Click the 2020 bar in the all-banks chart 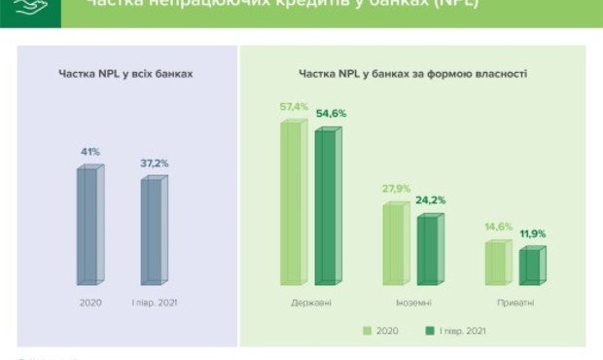(x=89, y=226)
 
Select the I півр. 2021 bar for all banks (x=153, y=230)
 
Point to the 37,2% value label (x=155, y=163)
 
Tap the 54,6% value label (x=331, y=114)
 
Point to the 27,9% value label (x=397, y=188)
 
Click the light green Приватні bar (x=496, y=263)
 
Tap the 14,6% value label (x=498, y=227)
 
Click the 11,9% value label (x=533, y=234)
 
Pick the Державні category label (x=310, y=303)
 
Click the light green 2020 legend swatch (x=368, y=331)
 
